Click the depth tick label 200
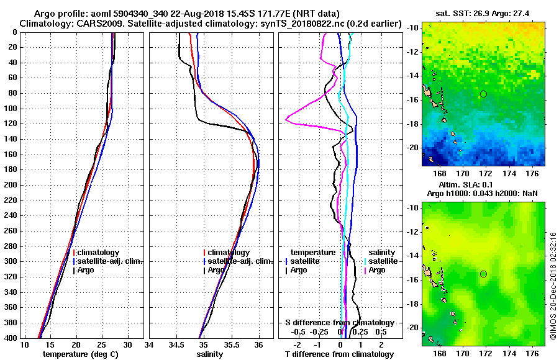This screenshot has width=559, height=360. point(11,185)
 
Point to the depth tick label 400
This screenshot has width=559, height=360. point(11,338)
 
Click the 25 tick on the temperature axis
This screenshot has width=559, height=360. point(102,345)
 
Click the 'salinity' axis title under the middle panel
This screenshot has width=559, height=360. point(211,354)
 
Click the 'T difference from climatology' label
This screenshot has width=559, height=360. point(340,354)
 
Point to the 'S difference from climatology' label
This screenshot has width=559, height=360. point(340,323)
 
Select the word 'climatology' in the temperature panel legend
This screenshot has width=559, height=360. point(99,253)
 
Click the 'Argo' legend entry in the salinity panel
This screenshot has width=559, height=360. point(216,270)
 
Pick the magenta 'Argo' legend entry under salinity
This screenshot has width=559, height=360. point(377,270)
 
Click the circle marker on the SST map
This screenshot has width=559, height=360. point(483,94)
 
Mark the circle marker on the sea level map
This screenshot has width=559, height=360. point(483,274)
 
